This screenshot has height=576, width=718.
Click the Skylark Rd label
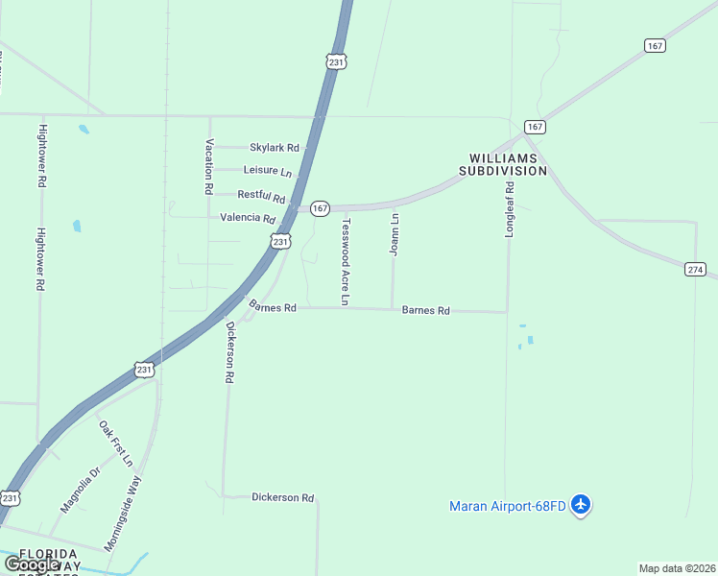pos(275,148)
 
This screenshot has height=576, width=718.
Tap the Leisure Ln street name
pos(268,171)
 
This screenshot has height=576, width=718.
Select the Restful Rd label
pos(261,196)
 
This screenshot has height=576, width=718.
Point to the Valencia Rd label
pos(248,218)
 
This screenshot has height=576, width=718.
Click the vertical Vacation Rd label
pos(208,166)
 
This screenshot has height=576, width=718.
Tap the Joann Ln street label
pos(394,234)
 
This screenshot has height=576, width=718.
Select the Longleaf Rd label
pos(511,211)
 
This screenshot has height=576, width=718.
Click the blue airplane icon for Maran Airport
pos(580,504)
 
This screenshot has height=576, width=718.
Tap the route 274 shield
pos(695,270)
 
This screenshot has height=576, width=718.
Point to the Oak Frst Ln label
pos(115,443)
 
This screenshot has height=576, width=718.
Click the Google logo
pos(32,564)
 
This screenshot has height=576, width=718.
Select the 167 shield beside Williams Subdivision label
pos(535,127)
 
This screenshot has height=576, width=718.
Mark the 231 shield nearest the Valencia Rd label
pos(279,242)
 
